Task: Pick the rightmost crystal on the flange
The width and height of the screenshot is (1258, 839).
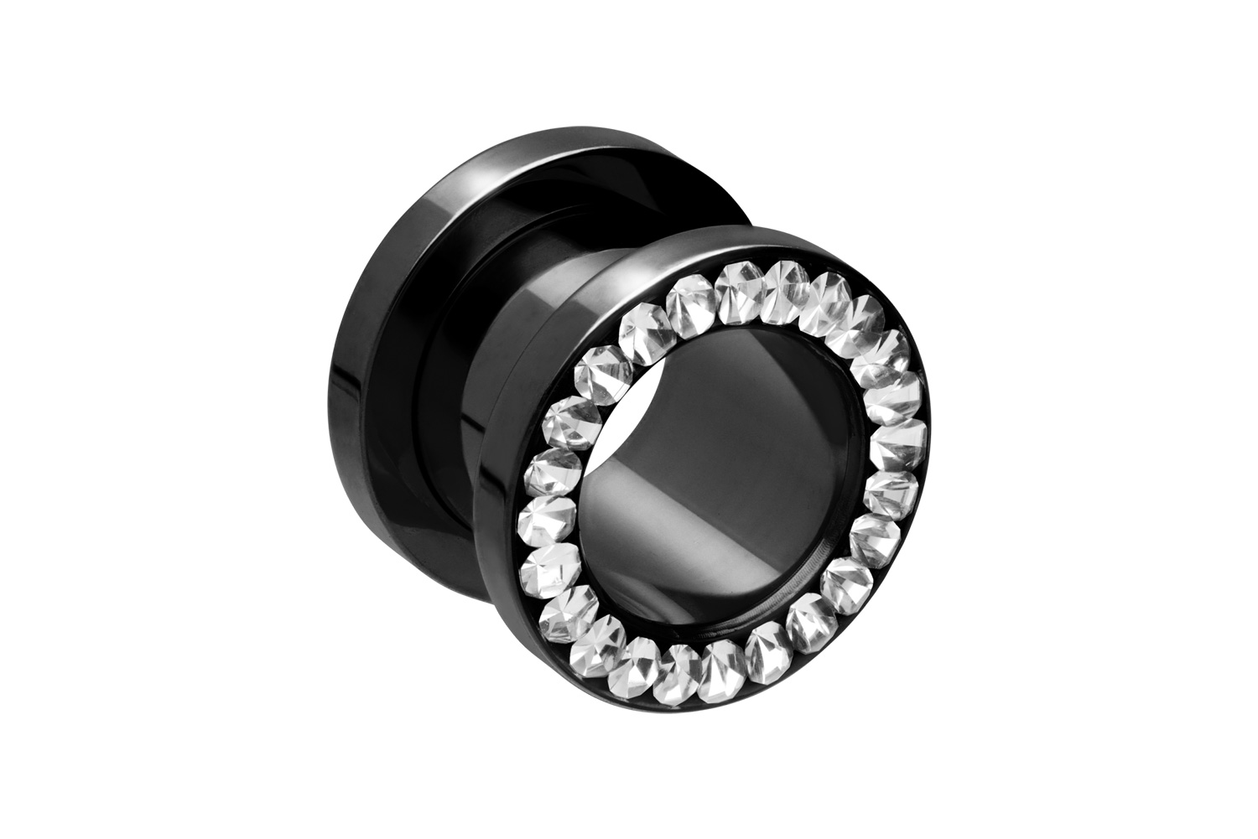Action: tap(907, 436)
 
